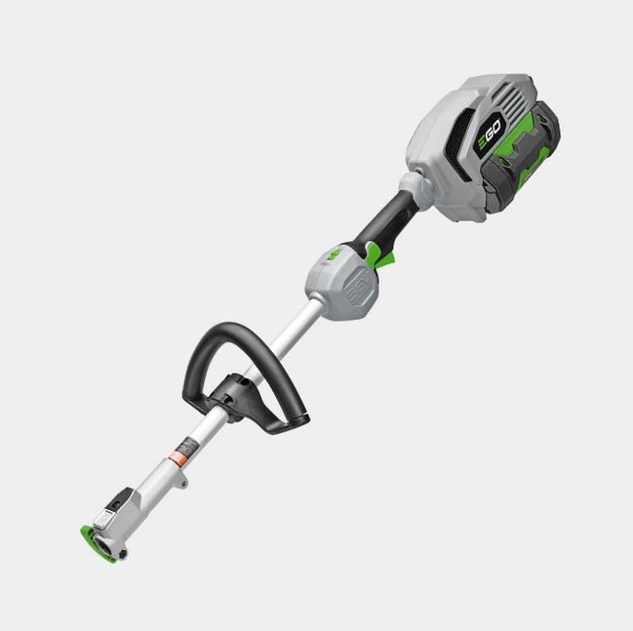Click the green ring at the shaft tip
pos(98,544)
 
